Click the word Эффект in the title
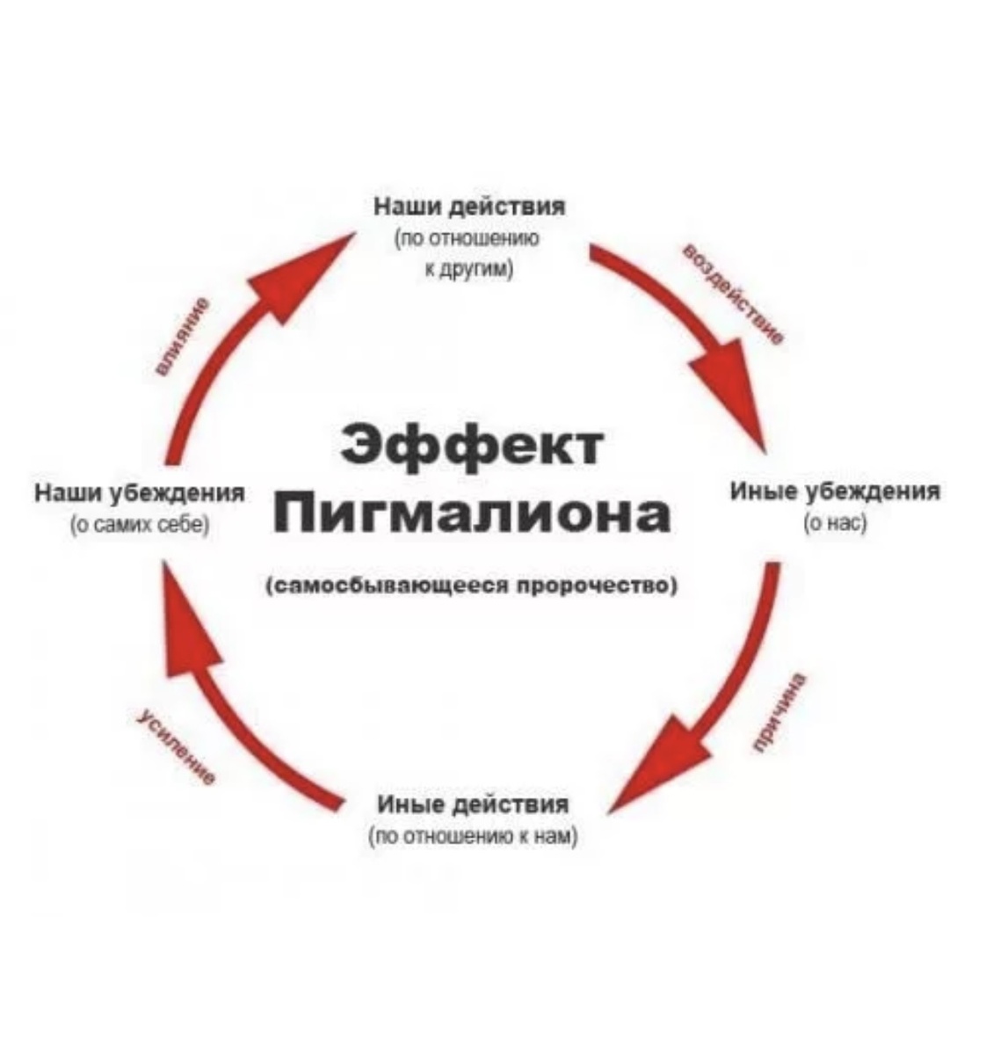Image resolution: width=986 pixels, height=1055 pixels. coord(472,444)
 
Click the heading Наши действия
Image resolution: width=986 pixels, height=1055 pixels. coord(470,207)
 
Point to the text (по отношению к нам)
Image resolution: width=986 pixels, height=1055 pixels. coord(474,836)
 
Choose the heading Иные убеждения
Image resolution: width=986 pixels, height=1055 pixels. coord(835,491)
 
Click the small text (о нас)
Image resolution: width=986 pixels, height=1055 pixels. coord(835,523)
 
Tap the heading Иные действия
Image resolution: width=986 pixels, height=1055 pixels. coord(473,804)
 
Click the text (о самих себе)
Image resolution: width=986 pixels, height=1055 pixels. coord(140,525)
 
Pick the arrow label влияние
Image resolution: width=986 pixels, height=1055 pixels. coord(183,337)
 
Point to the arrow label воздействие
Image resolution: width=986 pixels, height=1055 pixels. coord(733,295)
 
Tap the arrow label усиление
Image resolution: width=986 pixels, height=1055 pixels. coord(177,748)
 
